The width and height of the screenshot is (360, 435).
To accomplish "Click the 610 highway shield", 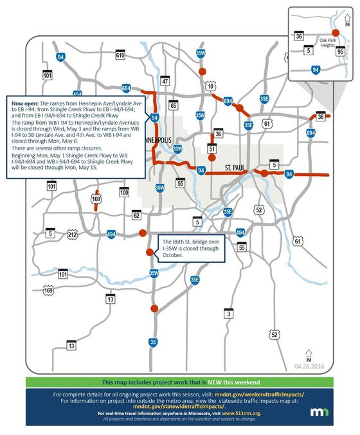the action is point(120,56).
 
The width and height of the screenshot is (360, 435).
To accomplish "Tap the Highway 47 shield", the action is point(165,81).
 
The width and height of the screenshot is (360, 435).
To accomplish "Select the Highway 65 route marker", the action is point(173,105).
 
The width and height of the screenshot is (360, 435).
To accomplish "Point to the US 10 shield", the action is point(210,85).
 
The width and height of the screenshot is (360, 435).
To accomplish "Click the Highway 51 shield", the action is point(212,148).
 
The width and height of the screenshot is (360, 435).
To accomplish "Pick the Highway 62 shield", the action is point(136,215).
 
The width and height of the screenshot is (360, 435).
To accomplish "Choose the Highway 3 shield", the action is point(228,313).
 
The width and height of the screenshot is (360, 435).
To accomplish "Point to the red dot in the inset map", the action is point(335,33).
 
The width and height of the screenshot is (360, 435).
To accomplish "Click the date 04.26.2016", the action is point(309,366).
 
